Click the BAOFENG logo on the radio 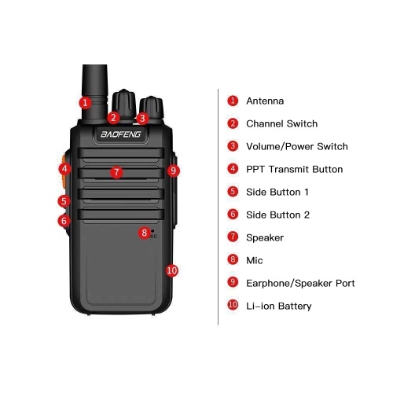(121, 134)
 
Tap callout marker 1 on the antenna (85, 102)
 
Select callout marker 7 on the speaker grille (116, 172)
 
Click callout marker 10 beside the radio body (172, 270)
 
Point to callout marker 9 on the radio (173, 171)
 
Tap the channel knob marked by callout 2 (123, 103)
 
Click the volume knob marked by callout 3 (152, 108)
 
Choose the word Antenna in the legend (265, 101)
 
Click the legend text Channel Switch (282, 123)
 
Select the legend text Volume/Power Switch (297, 146)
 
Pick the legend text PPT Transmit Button (295, 169)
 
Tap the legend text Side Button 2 (278, 215)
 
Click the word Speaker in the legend (265, 238)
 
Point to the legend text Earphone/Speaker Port (300, 283)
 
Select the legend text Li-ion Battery (279, 306)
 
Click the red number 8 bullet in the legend (233, 259)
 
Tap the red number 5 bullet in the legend (233, 192)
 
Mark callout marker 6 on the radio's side (64, 221)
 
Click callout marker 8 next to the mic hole (145, 233)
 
